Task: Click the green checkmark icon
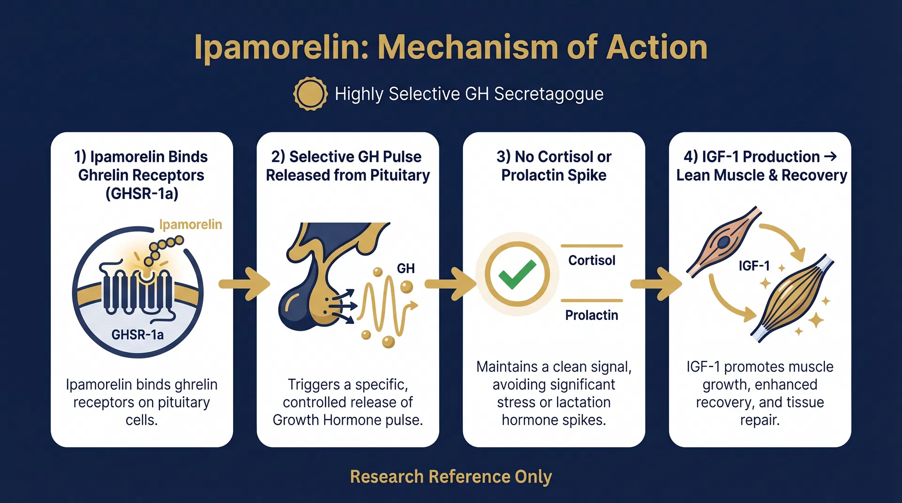[x=517, y=274]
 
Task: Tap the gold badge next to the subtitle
[x=310, y=94]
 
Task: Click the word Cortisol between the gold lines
[x=591, y=260]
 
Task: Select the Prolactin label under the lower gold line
[x=591, y=315]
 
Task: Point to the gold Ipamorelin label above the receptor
[x=190, y=225]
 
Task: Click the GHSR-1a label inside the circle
[x=137, y=335]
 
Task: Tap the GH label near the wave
[x=405, y=268]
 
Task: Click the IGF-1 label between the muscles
[x=754, y=266]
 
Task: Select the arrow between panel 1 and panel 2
[x=245, y=284]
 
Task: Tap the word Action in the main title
[x=657, y=47]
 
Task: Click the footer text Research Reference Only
[x=451, y=477]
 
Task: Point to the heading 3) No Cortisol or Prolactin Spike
[x=553, y=166]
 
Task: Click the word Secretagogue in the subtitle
[x=548, y=94]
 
